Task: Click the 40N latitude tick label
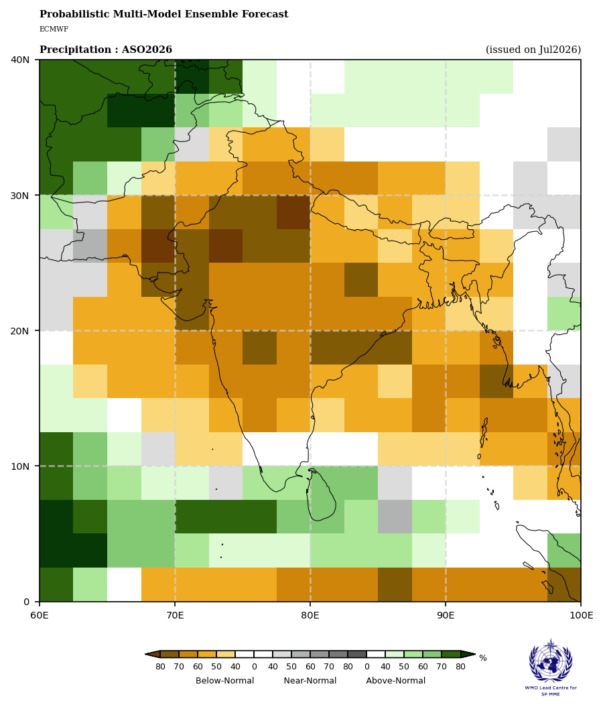19,60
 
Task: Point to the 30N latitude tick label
19,196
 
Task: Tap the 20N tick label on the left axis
19,331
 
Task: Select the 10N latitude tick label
19,466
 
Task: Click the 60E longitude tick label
40,616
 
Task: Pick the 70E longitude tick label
175,616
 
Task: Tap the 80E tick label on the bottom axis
310,616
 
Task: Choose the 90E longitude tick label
446,616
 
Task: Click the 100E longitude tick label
581,616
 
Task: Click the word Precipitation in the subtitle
76,50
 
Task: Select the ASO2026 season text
147,50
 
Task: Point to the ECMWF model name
54,29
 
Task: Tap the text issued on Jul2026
533,50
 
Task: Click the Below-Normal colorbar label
225,680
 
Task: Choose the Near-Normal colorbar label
310,680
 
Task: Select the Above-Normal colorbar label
396,680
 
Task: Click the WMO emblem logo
551,661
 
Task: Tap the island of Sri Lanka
322,496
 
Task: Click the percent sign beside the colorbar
483,658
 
